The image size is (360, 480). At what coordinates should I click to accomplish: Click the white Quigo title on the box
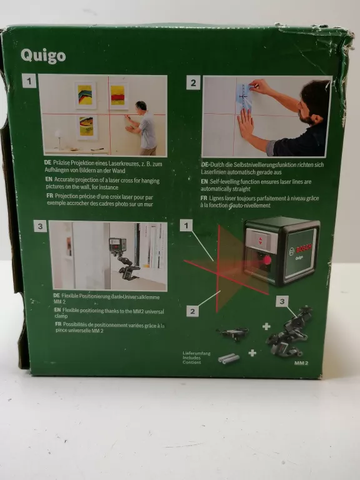43,56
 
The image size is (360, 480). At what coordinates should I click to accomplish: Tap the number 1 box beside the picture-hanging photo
29,81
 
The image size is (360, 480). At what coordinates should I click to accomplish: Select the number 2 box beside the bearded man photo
193,82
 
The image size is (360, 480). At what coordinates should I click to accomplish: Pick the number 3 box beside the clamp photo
40,226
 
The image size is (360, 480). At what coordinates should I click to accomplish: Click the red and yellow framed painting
117,95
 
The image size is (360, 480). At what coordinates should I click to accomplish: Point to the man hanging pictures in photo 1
146,127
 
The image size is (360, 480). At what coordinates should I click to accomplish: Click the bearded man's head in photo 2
313,102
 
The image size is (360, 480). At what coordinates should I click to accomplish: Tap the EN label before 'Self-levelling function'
204,181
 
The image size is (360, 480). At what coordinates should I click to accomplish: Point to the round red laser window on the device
266,259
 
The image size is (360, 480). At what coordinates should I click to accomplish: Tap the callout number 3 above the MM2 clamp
282,301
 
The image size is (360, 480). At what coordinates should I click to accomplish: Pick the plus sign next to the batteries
252,353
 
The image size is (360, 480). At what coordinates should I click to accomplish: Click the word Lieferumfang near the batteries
196,353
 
